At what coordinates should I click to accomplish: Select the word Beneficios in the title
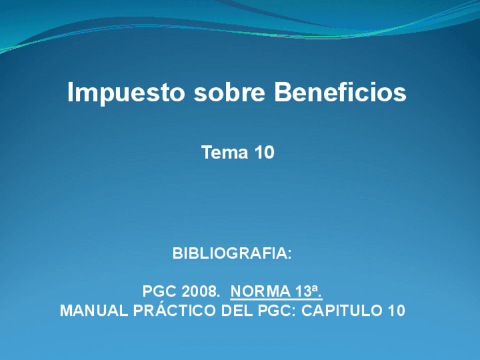point(340,92)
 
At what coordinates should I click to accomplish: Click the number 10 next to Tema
point(263,152)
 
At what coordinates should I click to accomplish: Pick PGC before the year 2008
point(160,292)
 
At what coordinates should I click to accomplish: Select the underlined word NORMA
point(260,292)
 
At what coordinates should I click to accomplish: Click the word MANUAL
point(86,311)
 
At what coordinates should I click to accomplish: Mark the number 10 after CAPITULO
point(397,311)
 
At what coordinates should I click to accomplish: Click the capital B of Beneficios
point(282,92)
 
